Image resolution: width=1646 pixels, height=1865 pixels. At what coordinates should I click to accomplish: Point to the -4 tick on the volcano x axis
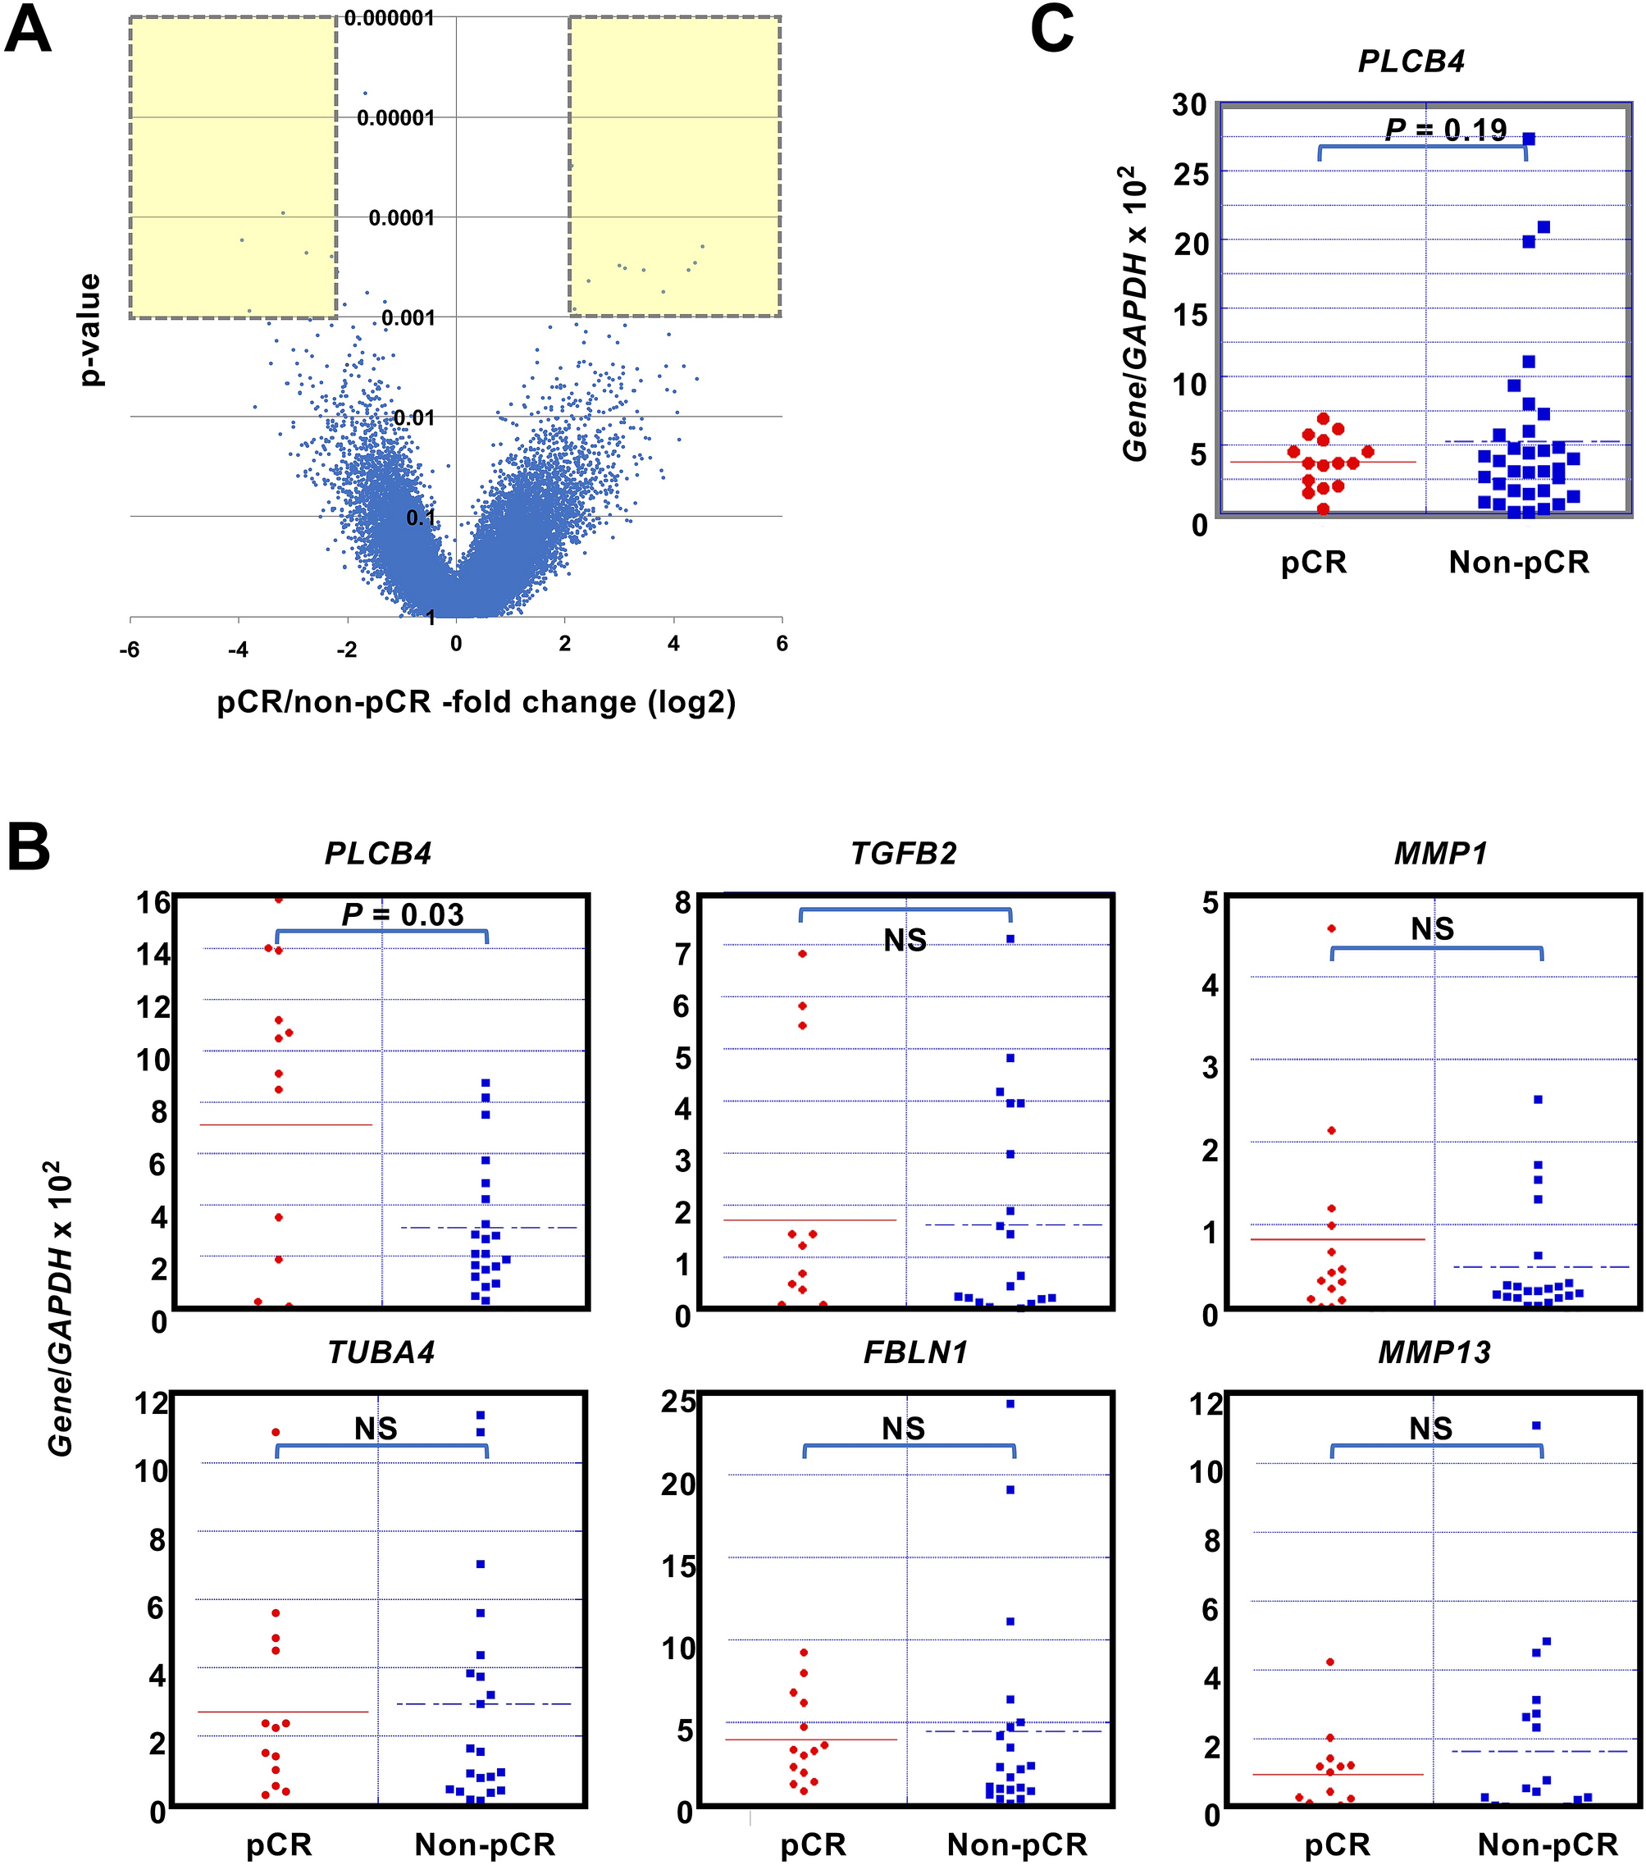pos(238,650)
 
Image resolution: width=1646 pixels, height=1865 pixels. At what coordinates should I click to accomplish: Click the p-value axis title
pos(89,330)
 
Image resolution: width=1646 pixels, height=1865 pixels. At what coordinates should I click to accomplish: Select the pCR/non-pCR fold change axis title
pos(476,703)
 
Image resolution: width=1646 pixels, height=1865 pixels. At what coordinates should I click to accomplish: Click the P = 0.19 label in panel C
pos(1445,130)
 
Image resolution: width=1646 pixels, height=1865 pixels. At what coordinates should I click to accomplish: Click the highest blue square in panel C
pos(1530,139)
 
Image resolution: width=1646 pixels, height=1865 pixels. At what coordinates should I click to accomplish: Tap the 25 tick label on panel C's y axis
pos(1189,173)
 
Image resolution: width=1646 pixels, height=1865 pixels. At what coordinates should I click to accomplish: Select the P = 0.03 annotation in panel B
pos(403,914)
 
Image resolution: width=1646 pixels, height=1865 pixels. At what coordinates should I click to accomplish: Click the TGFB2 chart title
pos(903,853)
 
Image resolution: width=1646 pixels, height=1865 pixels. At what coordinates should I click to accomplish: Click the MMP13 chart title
pos(1434,1352)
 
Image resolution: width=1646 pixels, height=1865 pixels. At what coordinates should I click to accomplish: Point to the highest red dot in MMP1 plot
pos(1331,929)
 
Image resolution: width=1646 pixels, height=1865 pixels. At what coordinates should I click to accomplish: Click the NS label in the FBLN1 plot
pos(903,1429)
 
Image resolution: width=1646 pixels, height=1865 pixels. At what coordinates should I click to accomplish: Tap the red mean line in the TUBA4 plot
pos(283,1712)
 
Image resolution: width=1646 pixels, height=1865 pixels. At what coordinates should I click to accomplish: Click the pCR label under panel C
pos(1313,562)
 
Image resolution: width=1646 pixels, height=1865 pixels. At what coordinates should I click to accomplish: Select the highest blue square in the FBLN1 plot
pos(1010,1404)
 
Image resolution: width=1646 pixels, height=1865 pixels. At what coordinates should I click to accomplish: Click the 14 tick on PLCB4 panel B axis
pos(153,955)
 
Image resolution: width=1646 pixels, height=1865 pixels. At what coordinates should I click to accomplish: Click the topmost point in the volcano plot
pos(366,93)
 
